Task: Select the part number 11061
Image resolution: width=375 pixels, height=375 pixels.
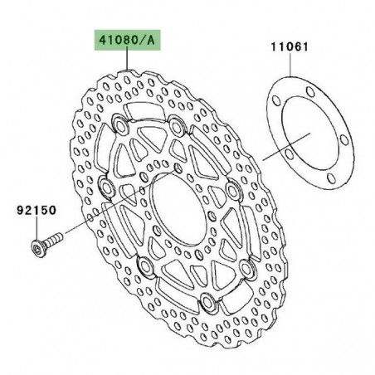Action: [x=287, y=48]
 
